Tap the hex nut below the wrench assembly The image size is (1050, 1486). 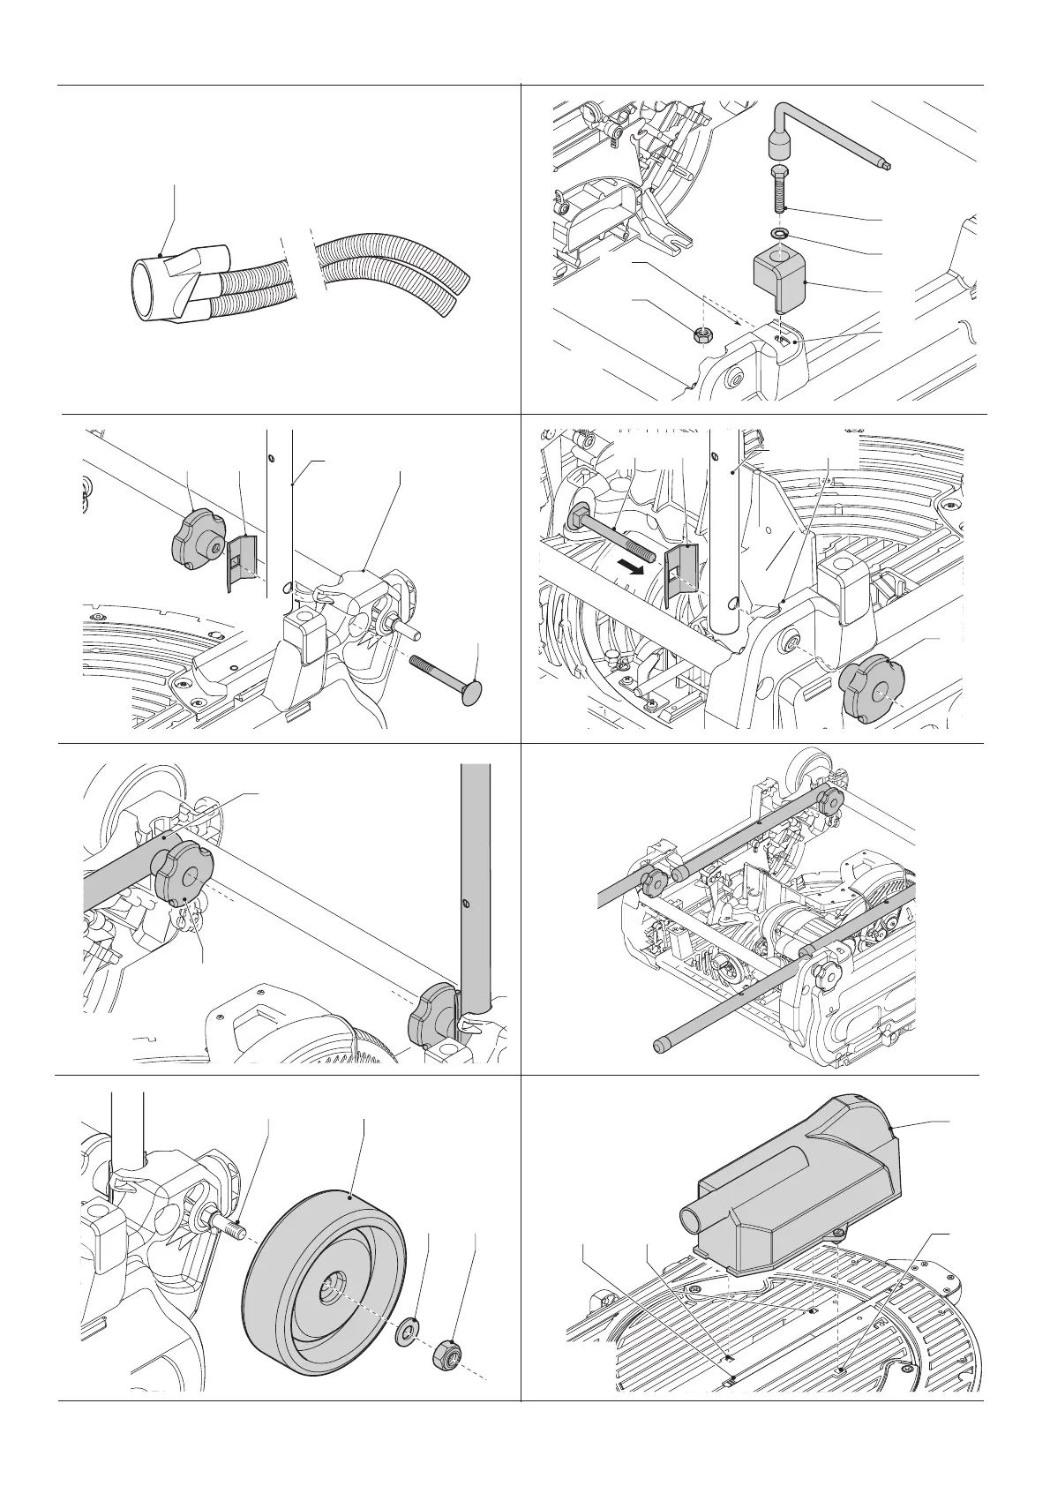[703, 334]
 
